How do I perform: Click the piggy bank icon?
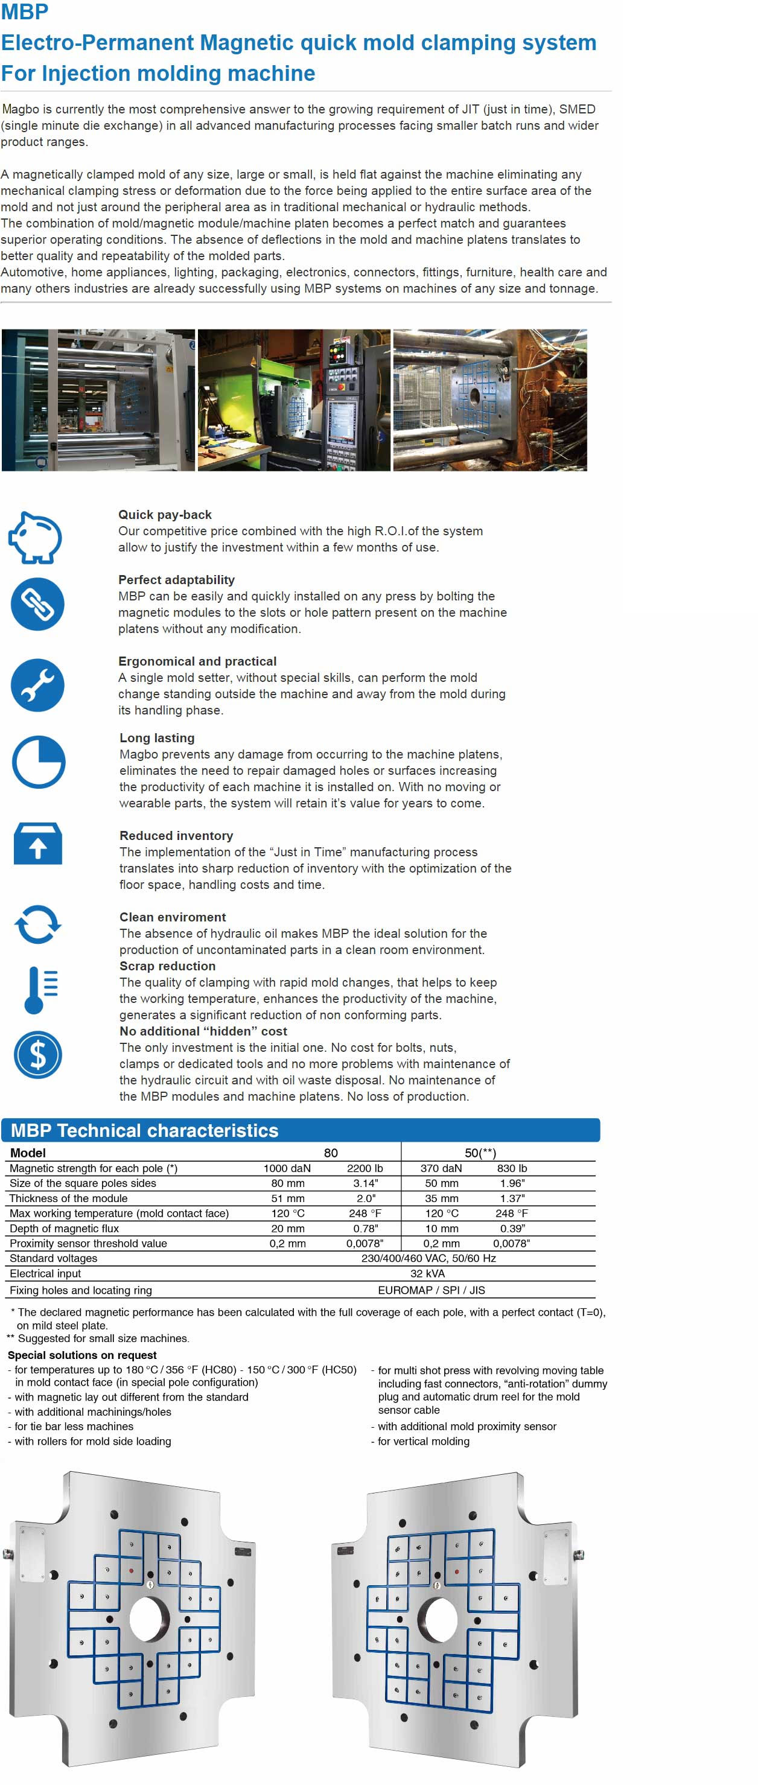(36, 537)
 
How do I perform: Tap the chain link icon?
(37, 603)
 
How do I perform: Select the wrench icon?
(37, 685)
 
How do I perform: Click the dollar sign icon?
(37, 1055)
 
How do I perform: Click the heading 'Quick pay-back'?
(165, 514)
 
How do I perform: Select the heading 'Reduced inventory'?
(176, 835)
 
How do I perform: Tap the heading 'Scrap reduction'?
(167, 966)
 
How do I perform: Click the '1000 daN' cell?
(287, 1168)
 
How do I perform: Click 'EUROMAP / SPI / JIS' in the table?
(431, 1290)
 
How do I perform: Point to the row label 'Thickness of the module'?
(69, 1198)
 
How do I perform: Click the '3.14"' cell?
(365, 1183)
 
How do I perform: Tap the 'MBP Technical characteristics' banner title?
(145, 1130)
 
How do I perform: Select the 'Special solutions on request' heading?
(81, 1355)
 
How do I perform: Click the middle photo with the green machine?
(294, 400)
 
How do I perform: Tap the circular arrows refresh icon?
(37, 924)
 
